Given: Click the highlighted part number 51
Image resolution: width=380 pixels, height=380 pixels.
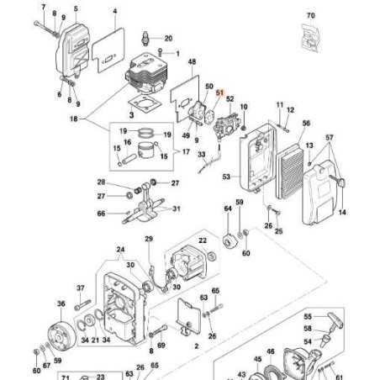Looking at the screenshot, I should pyautogui.click(x=221, y=94).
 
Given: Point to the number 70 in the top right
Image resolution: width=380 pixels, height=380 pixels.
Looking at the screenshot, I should pyautogui.click(x=310, y=16).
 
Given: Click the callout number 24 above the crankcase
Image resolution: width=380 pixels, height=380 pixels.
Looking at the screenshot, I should pyautogui.click(x=120, y=250).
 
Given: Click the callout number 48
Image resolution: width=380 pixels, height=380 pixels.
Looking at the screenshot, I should pyautogui.click(x=192, y=63).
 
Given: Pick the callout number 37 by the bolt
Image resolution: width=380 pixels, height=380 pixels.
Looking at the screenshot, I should pyautogui.click(x=82, y=288).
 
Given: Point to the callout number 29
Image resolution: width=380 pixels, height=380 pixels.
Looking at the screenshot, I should pyautogui.click(x=150, y=240).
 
